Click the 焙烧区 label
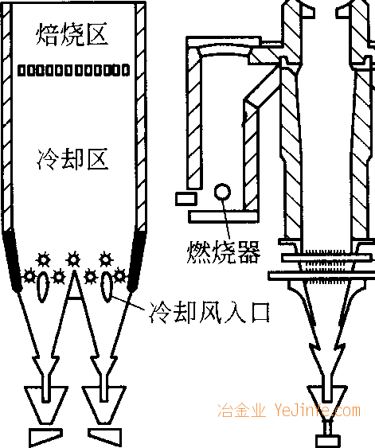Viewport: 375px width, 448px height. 72,34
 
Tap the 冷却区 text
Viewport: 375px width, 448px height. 72,159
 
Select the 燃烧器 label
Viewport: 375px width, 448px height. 224,251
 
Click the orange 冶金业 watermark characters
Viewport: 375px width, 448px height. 241,411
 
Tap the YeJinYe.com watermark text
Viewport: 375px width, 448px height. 317,411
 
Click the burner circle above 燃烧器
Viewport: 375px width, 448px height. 222,192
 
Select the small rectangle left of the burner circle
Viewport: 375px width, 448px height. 186,199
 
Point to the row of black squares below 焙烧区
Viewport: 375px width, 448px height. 74,70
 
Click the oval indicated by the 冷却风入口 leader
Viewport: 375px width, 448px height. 107,286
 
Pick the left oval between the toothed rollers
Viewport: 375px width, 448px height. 43,286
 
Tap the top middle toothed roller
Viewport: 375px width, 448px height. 73,259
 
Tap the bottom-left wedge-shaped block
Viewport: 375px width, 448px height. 45,437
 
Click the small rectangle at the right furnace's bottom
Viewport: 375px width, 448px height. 328,442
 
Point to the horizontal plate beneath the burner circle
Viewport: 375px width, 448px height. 224,216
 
